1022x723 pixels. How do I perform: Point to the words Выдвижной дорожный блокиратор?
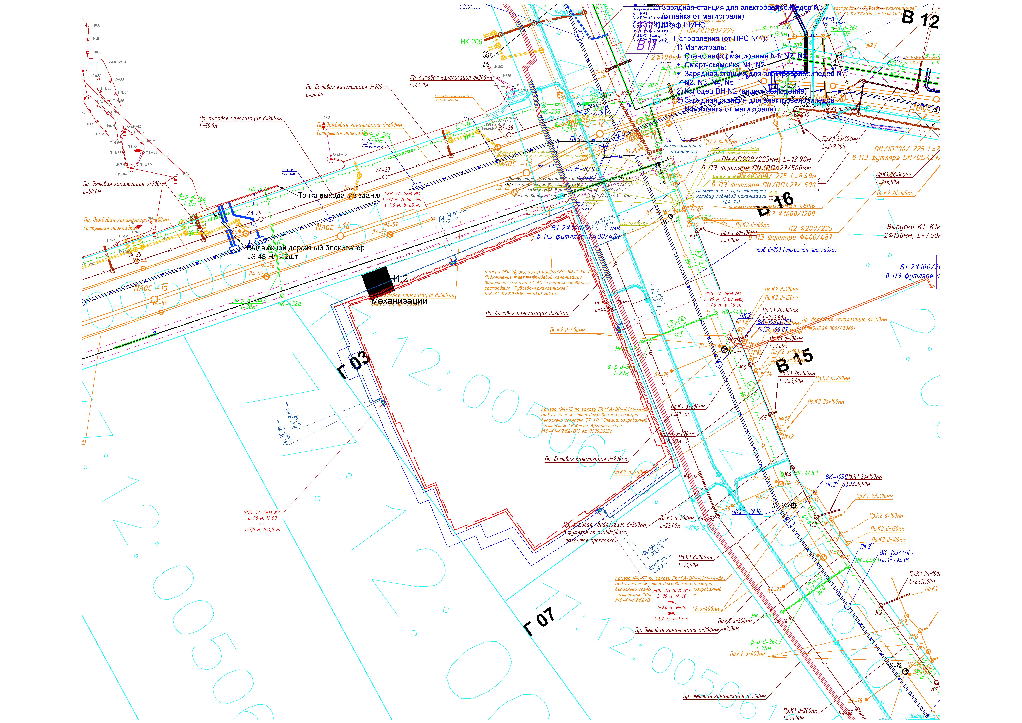coord(305,248)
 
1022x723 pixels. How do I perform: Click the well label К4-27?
coord(383,170)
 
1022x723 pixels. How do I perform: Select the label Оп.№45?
coord(340,154)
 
